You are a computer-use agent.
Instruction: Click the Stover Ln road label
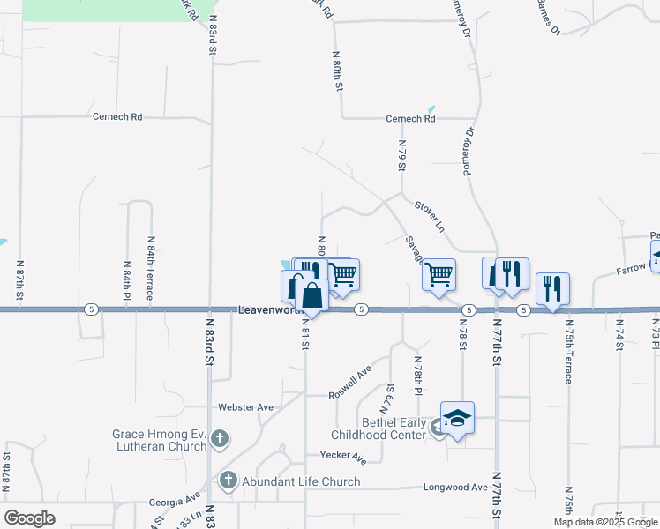pyautogui.click(x=429, y=216)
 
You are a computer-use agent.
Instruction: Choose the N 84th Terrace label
pyautogui.click(x=151, y=268)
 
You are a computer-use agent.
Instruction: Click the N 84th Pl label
pyautogui.click(x=127, y=280)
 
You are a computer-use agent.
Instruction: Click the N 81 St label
pyautogui.click(x=305, y=334)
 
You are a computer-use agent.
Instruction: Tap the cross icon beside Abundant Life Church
pyautogui.click(x=228, y=481)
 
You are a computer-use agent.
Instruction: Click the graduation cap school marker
pyautogui.click(x=457, y=418)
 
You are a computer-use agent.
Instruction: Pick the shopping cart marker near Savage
pyautogui.click(x=439, y=275)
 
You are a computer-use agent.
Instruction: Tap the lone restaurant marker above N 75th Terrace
pyautogui.click(x=552, y=287)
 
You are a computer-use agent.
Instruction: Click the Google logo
pyautogui.click(x=30, y=518)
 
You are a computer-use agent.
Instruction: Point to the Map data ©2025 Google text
pyautogui.click(x=604, y=522)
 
